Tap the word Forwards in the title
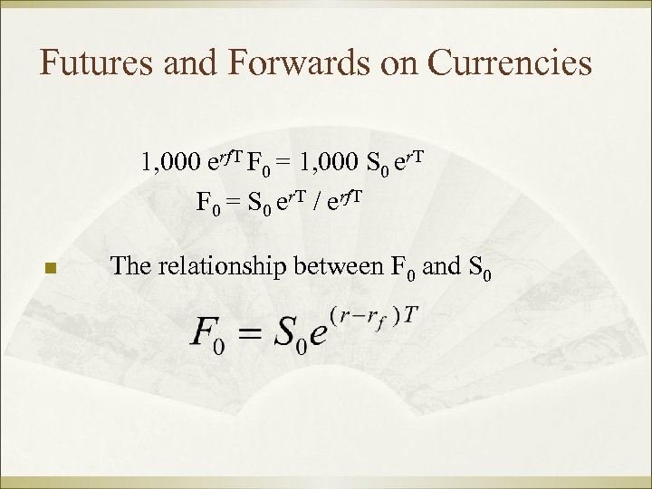[x=273, y=63]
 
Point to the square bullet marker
[x=51, y=268]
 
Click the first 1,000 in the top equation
[x=170, y=163]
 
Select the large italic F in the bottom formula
[x=204, y=334]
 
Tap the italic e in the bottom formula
[x=316, y=337]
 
